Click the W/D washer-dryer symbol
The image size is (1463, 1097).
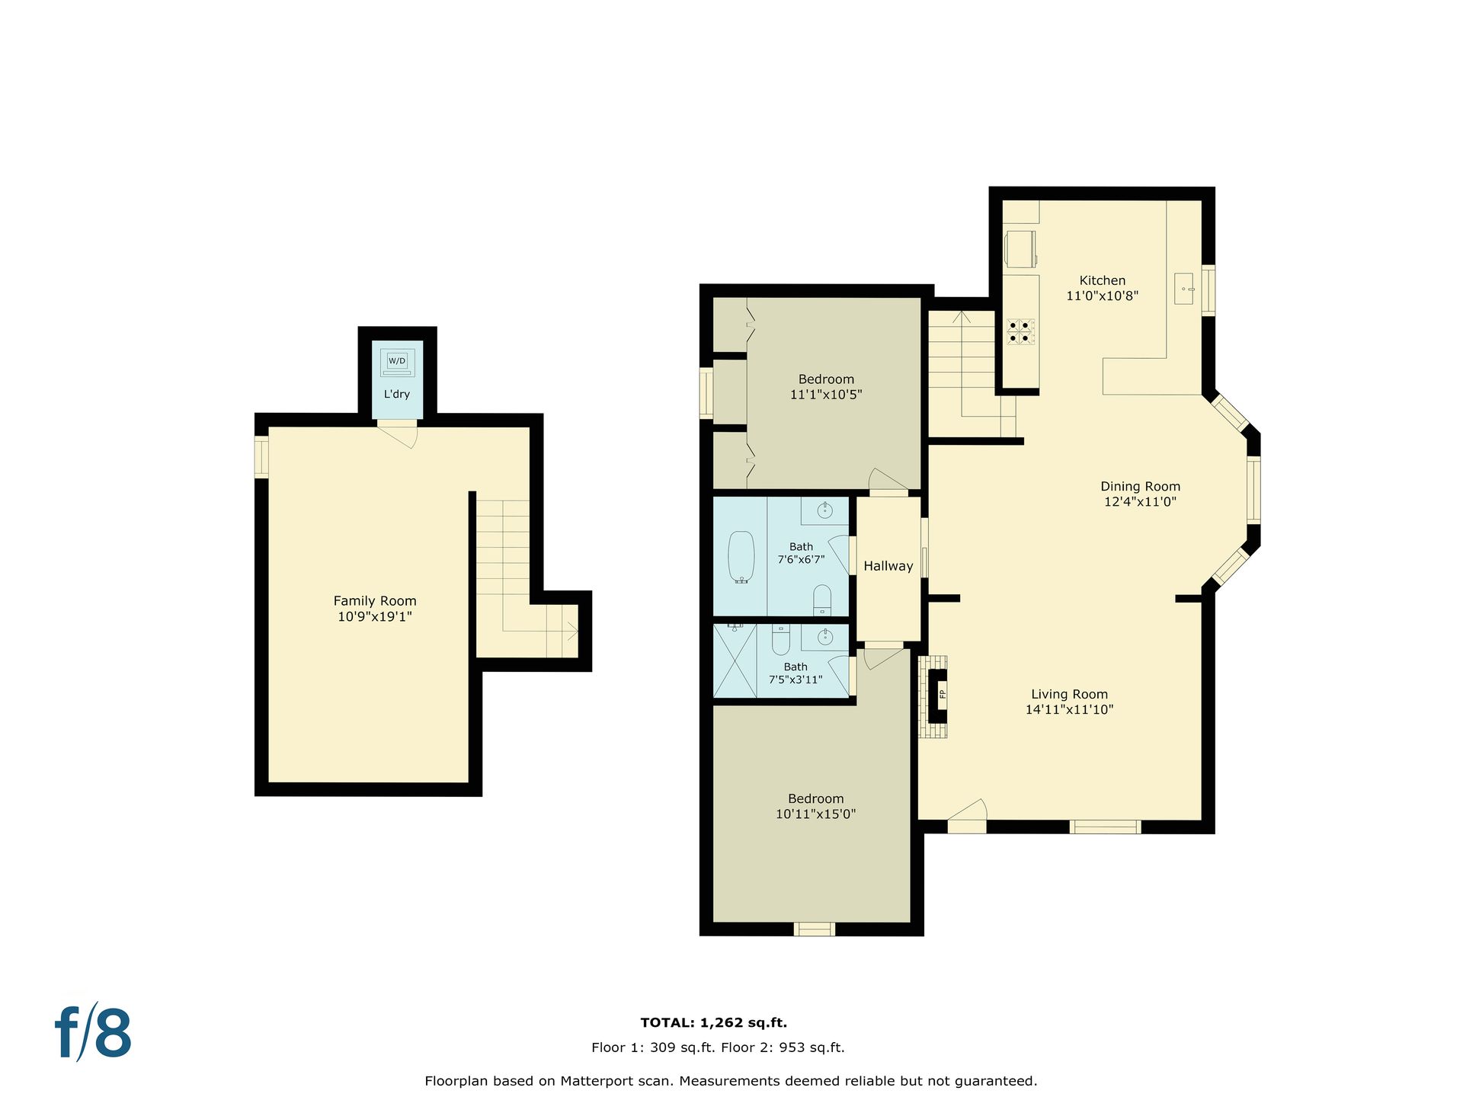click(397, 363)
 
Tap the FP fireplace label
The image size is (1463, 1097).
click(942, 693)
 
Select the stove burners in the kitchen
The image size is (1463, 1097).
click(1020, 331)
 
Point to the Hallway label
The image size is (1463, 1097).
click(888, 566)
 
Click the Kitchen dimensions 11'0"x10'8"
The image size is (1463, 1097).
click(1102, 296)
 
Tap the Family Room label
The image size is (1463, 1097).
click(375, 601)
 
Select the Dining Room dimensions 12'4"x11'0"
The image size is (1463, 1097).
click(1140, 502)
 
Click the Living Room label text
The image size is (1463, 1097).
click(1069, 694)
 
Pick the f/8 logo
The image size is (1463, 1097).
click(94, 1033)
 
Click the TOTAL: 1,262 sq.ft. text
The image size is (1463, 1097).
click(714, 1023)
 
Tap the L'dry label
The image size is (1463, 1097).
click(397, 394)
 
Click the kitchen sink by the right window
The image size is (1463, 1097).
click(1183, 289)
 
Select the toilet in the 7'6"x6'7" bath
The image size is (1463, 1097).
click(822, 600)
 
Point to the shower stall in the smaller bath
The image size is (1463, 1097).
click(735, 660)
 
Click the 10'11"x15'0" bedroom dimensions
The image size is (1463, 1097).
click(815, 814)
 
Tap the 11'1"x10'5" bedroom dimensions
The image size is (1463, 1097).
click(826, 395)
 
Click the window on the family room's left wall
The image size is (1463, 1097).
click(261, 457)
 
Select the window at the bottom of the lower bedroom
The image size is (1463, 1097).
click(815, 929)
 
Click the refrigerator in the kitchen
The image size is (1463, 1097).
click(1021, 249)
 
